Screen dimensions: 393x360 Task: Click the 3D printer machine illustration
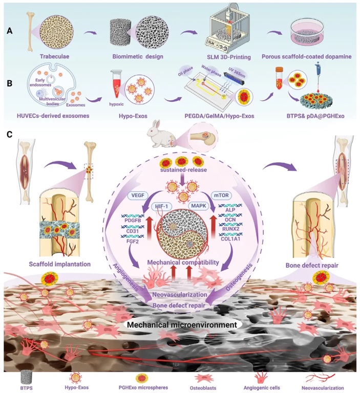pyautogui.click(x=225, y=26)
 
